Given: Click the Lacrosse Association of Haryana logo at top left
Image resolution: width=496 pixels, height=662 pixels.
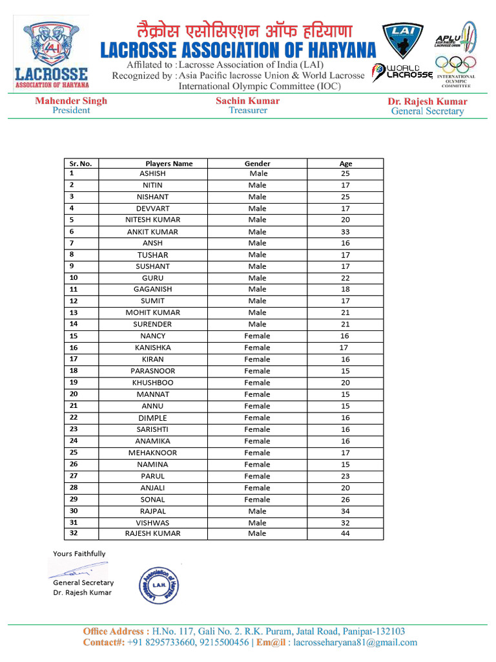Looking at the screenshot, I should click(52, 55).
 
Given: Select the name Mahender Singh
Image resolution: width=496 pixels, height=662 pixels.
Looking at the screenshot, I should click(71, 101).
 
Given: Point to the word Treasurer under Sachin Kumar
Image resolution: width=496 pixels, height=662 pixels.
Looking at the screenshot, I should click(247, 111).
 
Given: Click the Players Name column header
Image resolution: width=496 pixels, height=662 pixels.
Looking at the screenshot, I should click(169, 164).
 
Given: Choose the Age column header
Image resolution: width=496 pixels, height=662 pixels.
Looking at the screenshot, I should click(346, 164).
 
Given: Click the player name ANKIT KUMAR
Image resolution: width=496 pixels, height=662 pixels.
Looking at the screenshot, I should click(152, 231).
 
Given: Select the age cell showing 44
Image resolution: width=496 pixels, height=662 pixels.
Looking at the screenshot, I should click(346, 533).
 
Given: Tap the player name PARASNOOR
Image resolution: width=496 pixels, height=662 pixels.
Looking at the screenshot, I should click(152, 371).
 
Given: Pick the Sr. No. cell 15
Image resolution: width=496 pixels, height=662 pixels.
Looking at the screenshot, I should click(74, 336).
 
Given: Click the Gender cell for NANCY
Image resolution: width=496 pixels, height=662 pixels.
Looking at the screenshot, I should click(257, 336).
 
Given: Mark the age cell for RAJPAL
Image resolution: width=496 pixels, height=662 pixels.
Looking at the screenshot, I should click(346, 511).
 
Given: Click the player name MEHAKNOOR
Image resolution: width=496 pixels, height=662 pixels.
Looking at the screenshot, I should click(152, 453).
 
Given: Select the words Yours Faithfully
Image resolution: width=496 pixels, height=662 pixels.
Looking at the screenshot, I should click(79, 553).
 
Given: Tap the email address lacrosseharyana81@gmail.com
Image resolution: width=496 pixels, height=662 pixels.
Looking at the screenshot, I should click(355, 643).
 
